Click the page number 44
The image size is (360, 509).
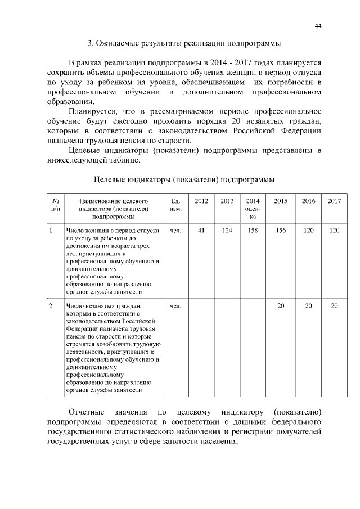pos(318,26)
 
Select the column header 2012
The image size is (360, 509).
pos(201,201)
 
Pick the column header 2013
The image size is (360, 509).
pos(227,201)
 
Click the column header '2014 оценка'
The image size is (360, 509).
pos(253,209)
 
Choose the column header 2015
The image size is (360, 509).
pos(281,201)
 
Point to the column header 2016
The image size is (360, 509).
pos(308,201)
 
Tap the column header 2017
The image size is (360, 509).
pos(334,201)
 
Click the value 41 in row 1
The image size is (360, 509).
pos(201,230)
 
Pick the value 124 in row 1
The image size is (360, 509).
pos(227,230)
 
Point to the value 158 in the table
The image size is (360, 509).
pos(253,230)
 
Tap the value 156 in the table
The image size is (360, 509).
pos(281,230)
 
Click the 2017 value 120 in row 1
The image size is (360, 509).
pos(334,230)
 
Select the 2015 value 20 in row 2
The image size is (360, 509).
pos(281,305)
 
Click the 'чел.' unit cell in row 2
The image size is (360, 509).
pos(175,305)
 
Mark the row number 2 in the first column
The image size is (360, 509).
pos(51,305)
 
